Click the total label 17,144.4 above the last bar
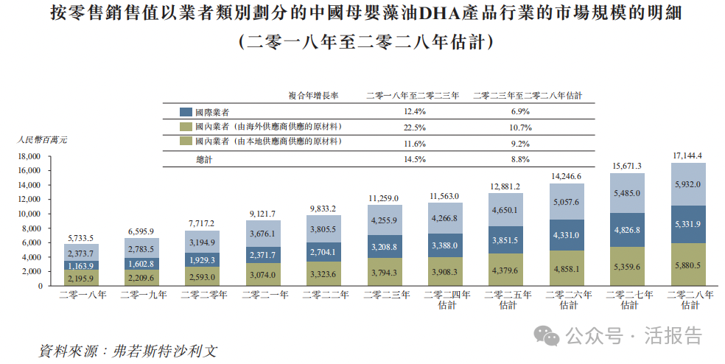point(687,155)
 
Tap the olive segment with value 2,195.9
point(81,277)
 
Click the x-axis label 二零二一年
point(263,295)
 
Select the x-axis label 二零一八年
point(81,295)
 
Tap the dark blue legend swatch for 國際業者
point(186,112)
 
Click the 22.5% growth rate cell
point(416,127)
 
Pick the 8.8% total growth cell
point(520,159)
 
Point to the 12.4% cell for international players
point(416,112)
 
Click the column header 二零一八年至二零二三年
point(413,95)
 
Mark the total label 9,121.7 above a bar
point(263,214)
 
